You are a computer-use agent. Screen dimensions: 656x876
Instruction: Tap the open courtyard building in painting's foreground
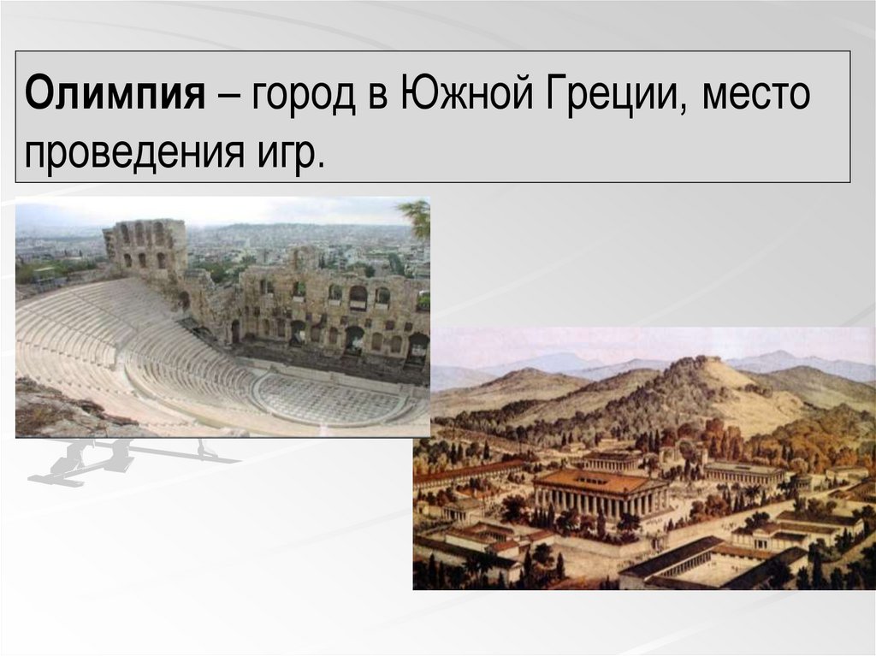(x=701, y=564)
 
